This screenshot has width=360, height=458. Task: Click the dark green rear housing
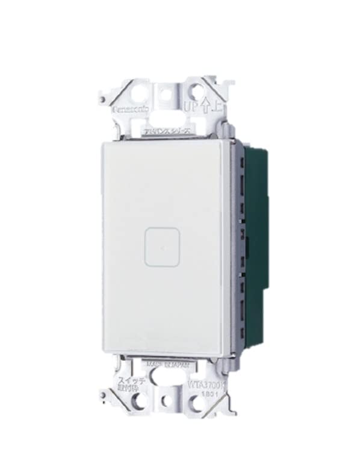256,241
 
